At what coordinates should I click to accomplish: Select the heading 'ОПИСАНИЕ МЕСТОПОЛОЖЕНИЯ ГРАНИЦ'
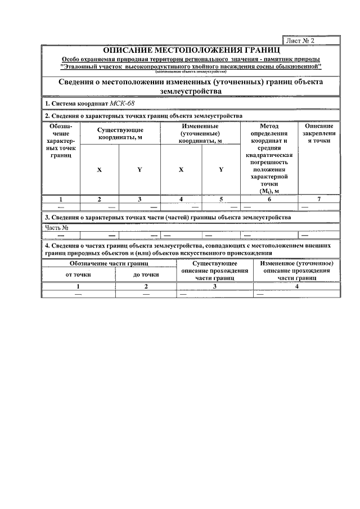click(x=191, y=51)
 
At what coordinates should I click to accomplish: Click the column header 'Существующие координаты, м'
click(x=120, y=133)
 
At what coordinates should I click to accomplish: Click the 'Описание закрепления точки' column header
click(x=318, y=133)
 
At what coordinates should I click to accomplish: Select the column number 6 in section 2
click(x=269, y=199)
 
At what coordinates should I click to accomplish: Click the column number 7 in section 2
click(x=318, y=199)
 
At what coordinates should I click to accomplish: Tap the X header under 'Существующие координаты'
click(x=100, y=169)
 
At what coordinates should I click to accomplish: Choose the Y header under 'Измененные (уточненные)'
click(x=221, y=169)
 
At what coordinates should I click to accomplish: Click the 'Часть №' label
click(x=57, y=228)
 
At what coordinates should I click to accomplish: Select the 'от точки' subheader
click(x=78, y=274)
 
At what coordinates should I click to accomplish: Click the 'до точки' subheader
click(x=146, y=274)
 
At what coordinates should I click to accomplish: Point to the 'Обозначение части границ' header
click(x=109, y=263)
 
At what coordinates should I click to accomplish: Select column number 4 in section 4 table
click(x=296, y=286)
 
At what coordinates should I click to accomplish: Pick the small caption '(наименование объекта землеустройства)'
click(x=191, y=73)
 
